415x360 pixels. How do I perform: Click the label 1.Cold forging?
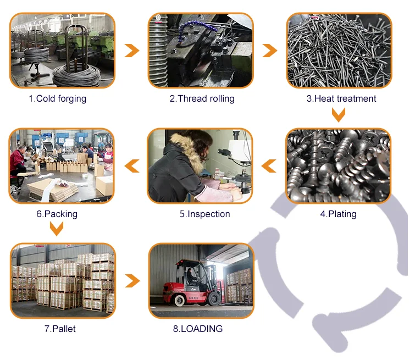tap(58, 99)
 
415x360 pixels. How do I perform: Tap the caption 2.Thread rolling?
tap(202, 99)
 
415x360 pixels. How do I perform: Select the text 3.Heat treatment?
tap(341, 99)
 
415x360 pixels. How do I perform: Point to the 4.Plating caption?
tap(339, 214)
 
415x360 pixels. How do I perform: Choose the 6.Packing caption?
tap(57, 214)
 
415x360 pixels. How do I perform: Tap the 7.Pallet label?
tap(60, 329)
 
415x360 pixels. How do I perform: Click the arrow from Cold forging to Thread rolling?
tap(132, 51)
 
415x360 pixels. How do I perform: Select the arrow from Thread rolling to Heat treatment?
tap(269, 51)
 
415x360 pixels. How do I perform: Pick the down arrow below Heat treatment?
tap(339, 115)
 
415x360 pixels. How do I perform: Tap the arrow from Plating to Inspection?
tap(269, 165)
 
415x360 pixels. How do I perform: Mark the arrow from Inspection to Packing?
tap(131, 165)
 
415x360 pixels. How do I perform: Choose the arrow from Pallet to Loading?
tap(132, 281)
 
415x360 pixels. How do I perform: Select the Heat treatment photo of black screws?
tap(339, 51)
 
